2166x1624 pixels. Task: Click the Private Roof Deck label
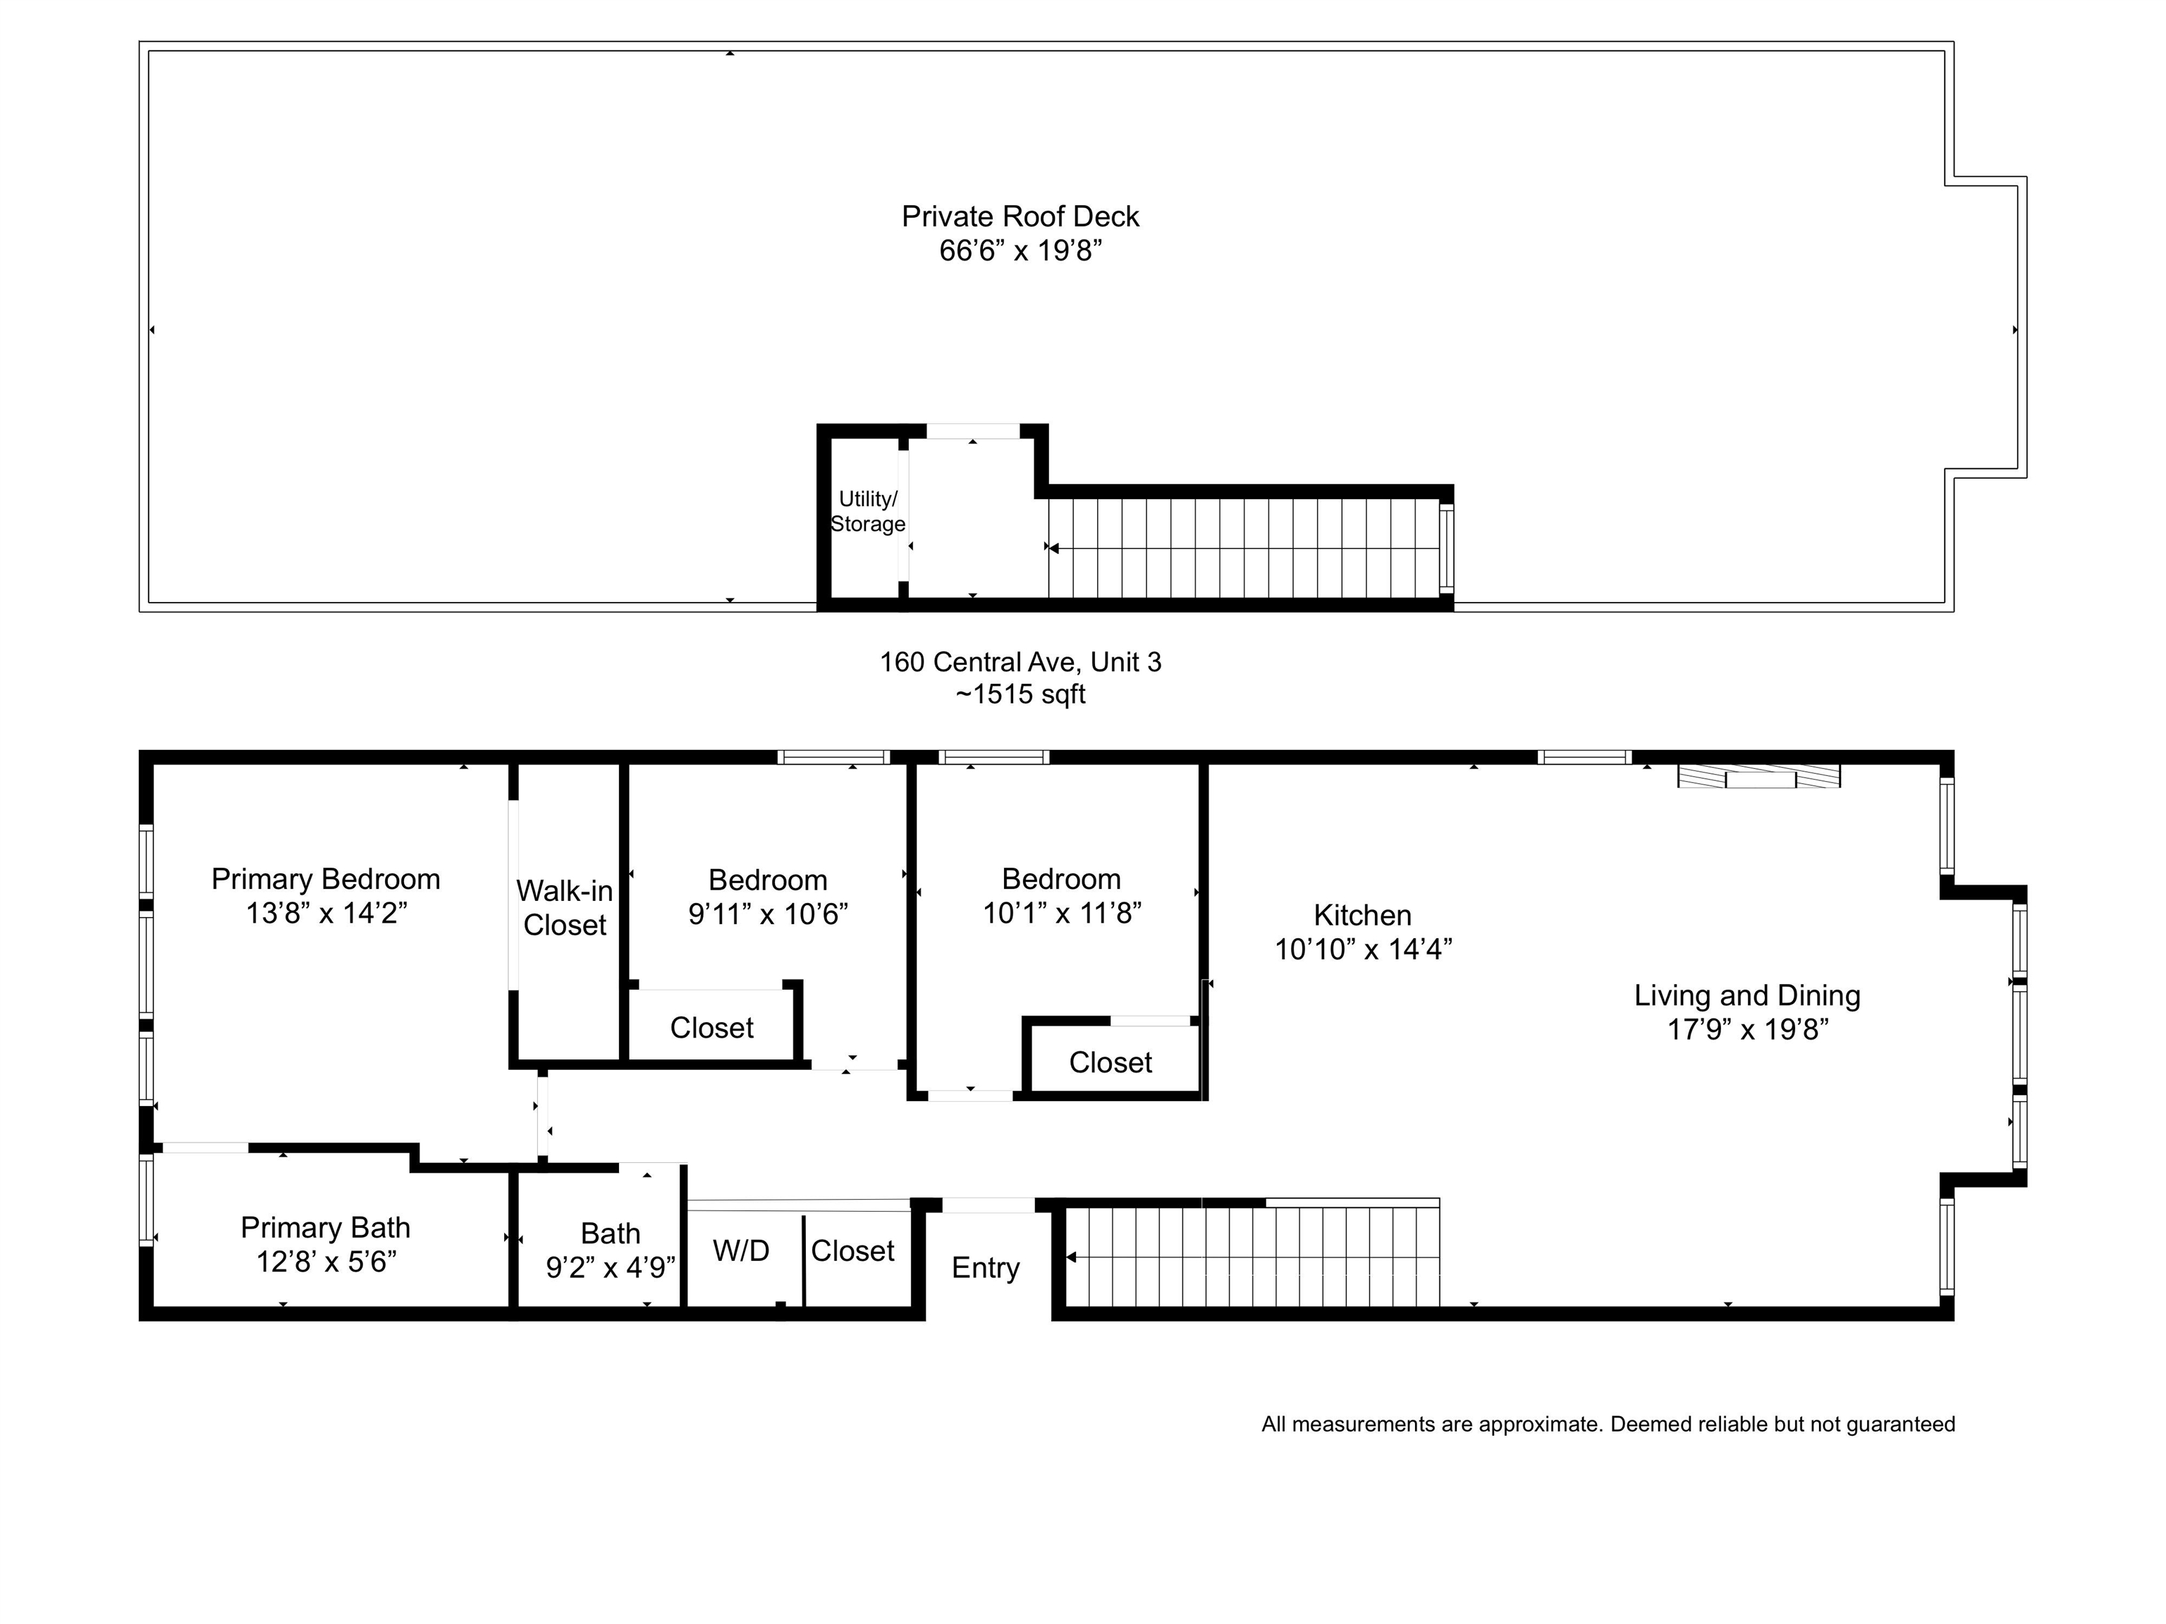point(1020,216)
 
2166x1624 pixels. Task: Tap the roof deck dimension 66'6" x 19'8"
point(1020,251)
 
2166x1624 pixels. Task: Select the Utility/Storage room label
point(867,511)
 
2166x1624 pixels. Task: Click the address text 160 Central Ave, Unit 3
point(1020,662)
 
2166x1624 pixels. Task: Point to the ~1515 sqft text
point(1020,694)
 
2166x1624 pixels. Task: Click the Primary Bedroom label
point(326,879)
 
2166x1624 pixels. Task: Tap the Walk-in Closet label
point(565,907)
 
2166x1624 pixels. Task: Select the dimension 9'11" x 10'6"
point(768,914)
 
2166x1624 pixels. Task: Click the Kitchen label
point(1362,916)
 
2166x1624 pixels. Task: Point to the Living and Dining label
point(1747,995)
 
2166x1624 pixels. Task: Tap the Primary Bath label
point(325,1228)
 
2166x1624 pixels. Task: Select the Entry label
point(986,1267)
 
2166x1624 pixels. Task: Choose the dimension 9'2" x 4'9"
point(610,1267)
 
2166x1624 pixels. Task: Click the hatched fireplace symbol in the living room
point(1758,775)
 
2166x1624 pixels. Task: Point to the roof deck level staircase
point(1244,548)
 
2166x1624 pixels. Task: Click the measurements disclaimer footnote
point(1608,1425)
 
